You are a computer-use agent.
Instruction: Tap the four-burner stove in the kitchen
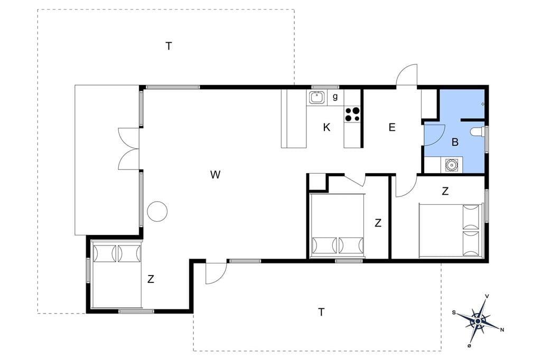pos(352,115)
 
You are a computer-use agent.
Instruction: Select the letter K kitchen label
pos(327,128)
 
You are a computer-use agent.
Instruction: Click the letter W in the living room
pos(215,175)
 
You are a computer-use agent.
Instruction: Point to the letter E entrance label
pos(392,128)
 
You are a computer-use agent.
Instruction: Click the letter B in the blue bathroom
pos(455,141)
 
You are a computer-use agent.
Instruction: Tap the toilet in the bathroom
pos(478,132)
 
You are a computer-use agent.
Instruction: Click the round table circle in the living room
pos(157,211)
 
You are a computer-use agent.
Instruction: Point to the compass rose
pos(478,321)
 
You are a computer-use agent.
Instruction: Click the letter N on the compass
pos(502,330)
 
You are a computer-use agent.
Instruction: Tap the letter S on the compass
pos(454,312)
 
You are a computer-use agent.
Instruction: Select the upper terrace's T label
pos(169,46)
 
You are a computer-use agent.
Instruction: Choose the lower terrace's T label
pos(321,312)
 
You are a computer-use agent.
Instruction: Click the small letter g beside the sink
pos(334,97)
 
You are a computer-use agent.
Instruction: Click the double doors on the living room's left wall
pos(129,149)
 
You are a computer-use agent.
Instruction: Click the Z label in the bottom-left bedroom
pos(151,279)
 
